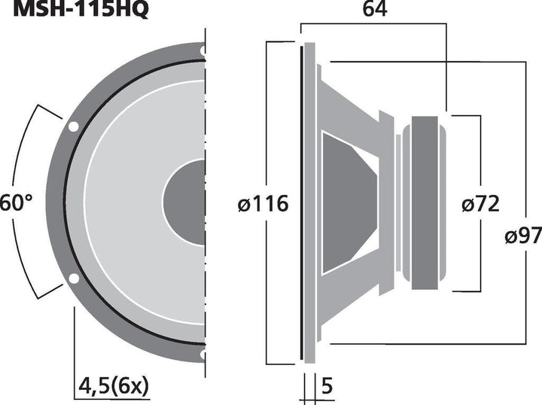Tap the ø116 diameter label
[261, 204]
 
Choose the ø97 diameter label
[522, 236]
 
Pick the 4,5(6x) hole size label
[113, 386]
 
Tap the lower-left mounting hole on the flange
[73, 280]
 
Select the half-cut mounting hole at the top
[202, 50]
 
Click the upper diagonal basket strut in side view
[354, 105]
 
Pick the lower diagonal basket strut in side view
[354, 301]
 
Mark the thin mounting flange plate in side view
[304, 203]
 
